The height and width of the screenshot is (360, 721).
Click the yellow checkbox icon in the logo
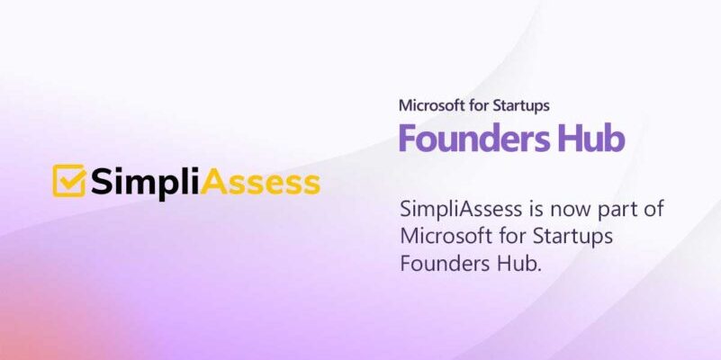pyautogui.click(x=69, y=180)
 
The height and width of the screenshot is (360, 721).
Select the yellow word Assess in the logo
pyautogui.click(x=261, y=182)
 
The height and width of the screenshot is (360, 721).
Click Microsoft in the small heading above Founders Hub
pyautogui.click(x=431, y=105)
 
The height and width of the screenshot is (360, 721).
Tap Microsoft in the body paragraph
pyautogui.click(x=441, y=237)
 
